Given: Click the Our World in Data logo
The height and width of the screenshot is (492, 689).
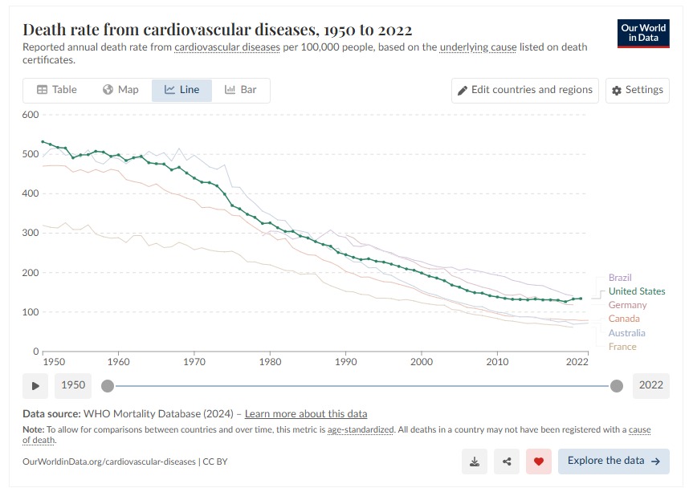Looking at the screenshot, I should (644, 33).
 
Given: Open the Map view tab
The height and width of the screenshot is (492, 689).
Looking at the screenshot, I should (121, 90).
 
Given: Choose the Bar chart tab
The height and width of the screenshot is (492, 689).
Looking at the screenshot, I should (241, 90).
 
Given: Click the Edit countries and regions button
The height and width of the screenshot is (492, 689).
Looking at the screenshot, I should (525, 90).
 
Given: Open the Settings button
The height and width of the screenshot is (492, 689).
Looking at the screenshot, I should (638, 90).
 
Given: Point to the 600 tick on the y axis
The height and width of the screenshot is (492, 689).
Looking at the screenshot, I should (30, 115).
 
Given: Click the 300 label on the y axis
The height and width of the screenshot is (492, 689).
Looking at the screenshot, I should (30, 233).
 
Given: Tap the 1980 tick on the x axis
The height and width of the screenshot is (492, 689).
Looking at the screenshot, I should (270, 362).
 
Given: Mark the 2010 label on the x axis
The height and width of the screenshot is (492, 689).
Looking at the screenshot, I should (497, 362).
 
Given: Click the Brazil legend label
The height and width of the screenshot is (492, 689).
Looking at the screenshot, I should (620, 278).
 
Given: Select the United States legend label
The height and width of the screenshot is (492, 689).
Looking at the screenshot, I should (637, 291).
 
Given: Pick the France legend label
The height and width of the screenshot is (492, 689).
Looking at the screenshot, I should (622, 347).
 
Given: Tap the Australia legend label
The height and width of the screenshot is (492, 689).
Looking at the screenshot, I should (626, 333).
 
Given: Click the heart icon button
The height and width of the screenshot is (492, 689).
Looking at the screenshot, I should (539, 462).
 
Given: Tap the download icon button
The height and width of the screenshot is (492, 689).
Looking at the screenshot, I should (475, 462).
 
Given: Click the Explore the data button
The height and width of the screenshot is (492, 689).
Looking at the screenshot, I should (614, 462).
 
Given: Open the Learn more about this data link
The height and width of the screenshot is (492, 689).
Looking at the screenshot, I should (306, 414).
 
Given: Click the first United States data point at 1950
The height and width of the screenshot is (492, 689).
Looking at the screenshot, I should (43, 141).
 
